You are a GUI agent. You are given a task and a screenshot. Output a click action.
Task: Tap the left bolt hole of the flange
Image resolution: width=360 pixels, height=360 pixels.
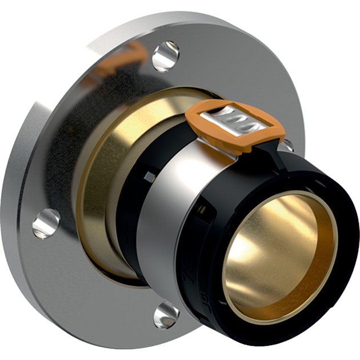(x=46, y=223)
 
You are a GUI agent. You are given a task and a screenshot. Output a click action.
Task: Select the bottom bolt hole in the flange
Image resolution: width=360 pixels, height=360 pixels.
(x=166, y=315)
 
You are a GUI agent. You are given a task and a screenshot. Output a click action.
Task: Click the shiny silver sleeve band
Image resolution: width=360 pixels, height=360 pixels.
(x=166, y=217)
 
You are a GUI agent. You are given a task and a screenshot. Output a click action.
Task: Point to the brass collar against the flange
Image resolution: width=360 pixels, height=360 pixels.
(x=103, y=171)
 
